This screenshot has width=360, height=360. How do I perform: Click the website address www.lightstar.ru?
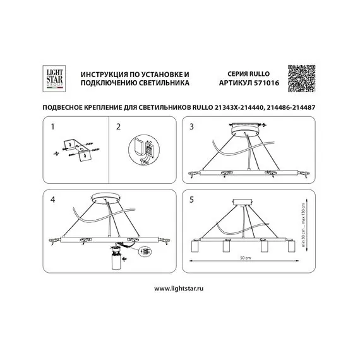click(179, 288)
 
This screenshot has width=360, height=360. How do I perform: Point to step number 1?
click(53, 127)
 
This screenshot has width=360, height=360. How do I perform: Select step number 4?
click(53, 200)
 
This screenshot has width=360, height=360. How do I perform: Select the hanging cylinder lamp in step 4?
click(116, 261)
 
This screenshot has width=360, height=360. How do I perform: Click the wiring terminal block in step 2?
click(148, 150)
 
